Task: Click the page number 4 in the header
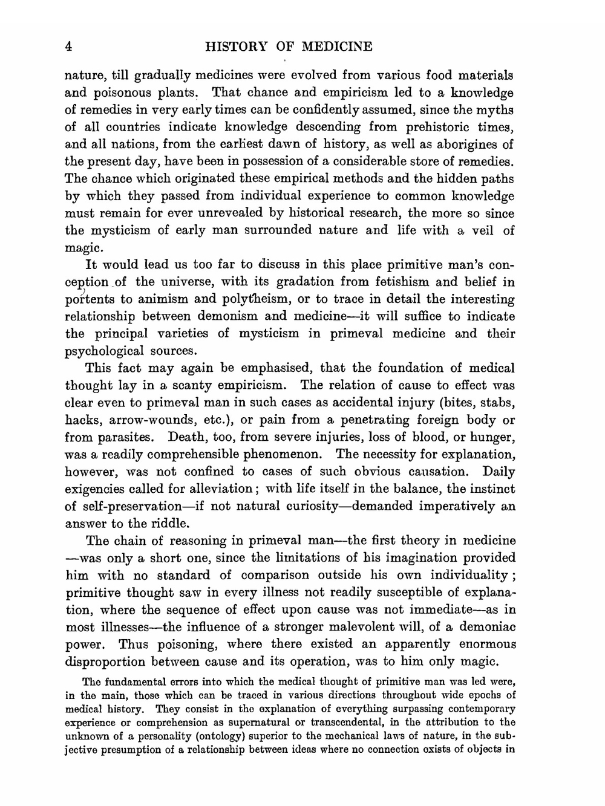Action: coord(69,47)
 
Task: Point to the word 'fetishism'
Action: coord(401,282)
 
